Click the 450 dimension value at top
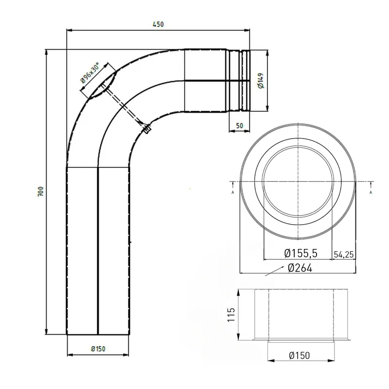pyautogui.click(x=159, y=24)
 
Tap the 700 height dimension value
pyautogui.click(x=40, y=192)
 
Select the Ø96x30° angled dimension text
pyautogui.click(x=90, y=73)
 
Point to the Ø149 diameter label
pyautogui.click(x=261, y=81)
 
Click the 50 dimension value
pyautogui.click(x=239, y=125)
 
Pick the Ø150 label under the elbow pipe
pyautogui.click(x=98, y=349)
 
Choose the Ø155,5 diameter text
pyautogui.click(x=301, y=253)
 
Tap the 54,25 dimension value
pyautogui.click(x=344, y=254)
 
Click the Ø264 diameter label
pyautogui.click(x=300, y=268)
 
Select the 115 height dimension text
pyautogui.click(x=231, y=315)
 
